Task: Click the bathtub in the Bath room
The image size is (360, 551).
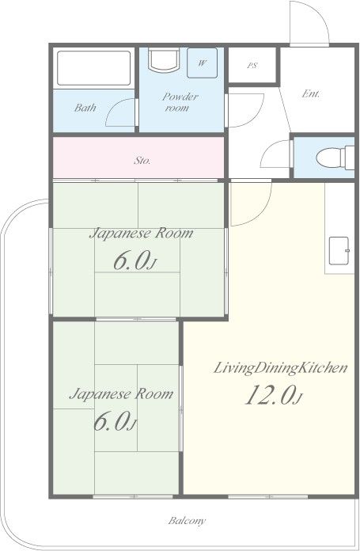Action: tap(94, 68)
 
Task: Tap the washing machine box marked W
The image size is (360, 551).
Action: tap(202, 63)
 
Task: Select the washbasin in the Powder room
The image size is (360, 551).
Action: tap(164, 59)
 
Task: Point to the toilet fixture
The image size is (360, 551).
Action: tap(335, 158)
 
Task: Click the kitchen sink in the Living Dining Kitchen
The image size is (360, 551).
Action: tap(339, 251)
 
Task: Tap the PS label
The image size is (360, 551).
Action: tap(252, 66)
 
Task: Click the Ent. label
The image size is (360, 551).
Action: tap(311, 94)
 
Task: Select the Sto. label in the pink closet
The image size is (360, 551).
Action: tap(142, 161)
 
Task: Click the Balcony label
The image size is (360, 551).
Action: tap(187, 521)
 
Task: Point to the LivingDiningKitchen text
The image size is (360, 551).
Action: tap(281, 369)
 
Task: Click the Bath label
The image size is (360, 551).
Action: tap(85, 108)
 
